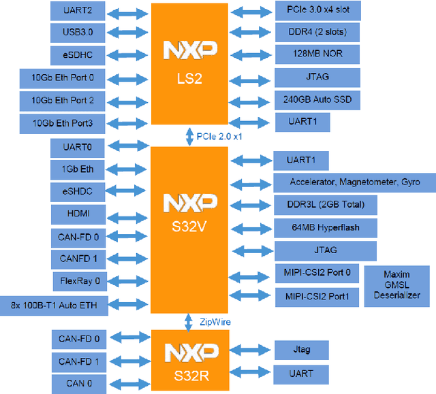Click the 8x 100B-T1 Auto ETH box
(59, 306)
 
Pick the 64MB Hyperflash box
(325, 227)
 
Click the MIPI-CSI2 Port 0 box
(317, 274)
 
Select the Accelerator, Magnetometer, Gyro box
(354, 182)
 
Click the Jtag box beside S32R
(301, 350)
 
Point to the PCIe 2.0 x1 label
(219, 136)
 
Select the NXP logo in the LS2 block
(190, 50)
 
